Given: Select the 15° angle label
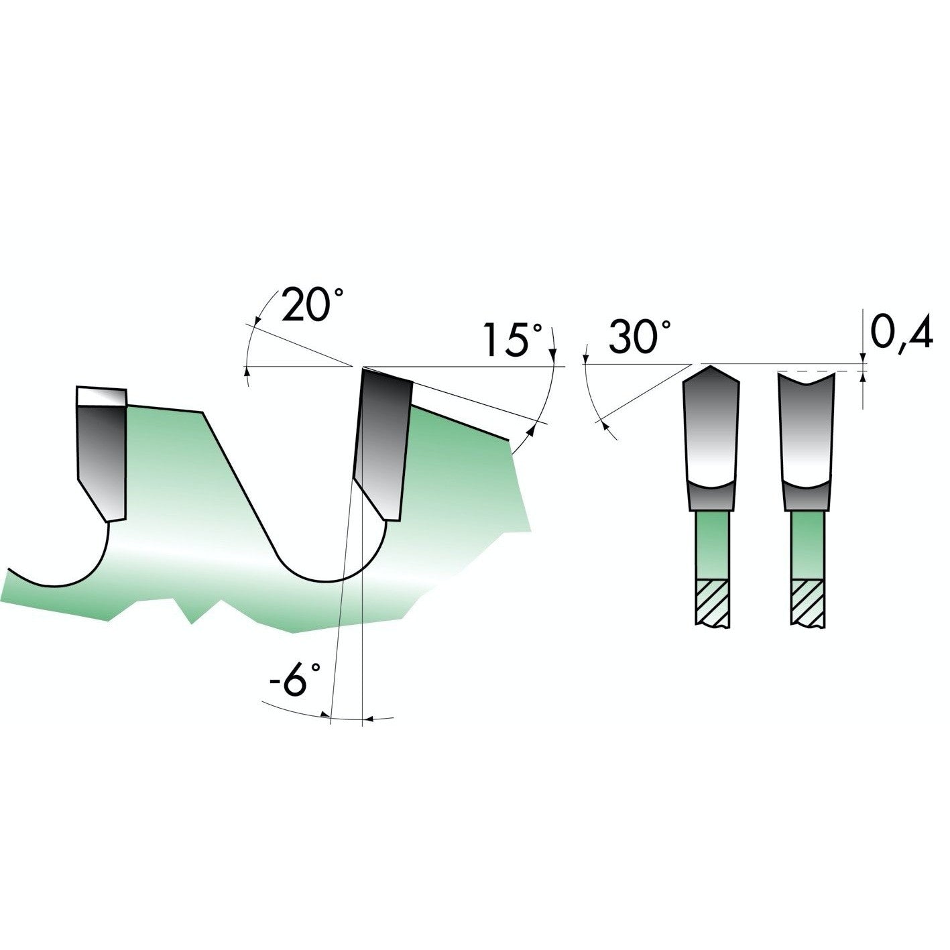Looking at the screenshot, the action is click(x=513, y=339).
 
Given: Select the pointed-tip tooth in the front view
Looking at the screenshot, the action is click(x=711, y=438).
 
